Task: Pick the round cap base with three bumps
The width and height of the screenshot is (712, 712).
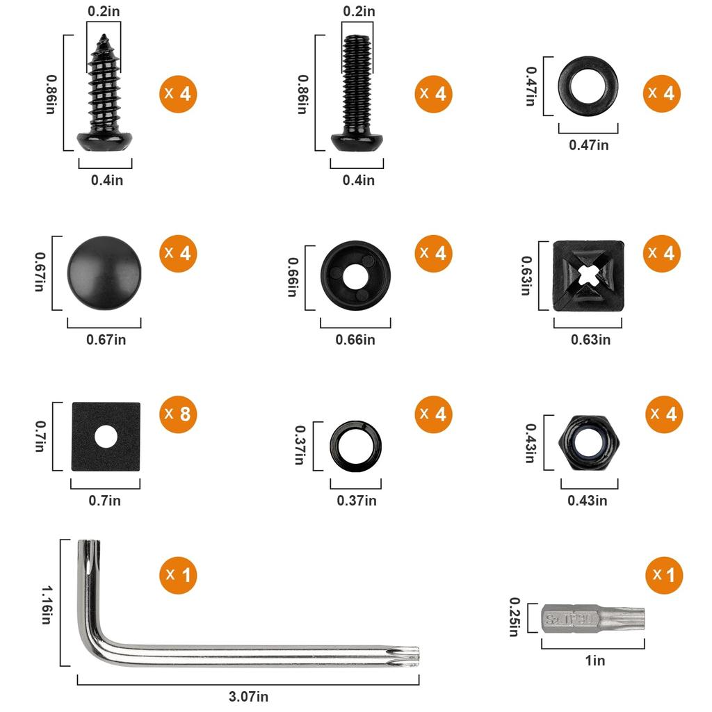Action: [x=355, y=275]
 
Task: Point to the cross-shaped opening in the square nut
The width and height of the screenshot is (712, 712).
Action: [x=588, y=276]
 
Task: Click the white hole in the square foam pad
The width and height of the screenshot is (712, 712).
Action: [x=106, y=437]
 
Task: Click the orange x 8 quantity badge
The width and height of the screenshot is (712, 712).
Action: [x=178, y=414]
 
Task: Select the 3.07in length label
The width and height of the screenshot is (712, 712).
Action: [x=248, y=696]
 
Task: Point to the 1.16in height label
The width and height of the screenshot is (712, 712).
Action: [x=47, y=604]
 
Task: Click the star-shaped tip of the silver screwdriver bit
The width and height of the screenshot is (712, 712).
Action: [x=634, y=617]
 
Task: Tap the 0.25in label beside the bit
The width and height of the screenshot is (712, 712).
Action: [x=515, y=617]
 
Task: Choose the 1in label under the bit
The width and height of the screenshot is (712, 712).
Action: [x=594, y=661]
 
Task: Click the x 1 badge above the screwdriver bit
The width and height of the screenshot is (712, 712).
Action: [x=663, y=575]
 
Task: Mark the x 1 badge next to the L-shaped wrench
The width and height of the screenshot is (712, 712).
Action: [x=178, y=575]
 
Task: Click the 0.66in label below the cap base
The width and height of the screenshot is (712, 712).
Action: [x=355, y=339]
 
